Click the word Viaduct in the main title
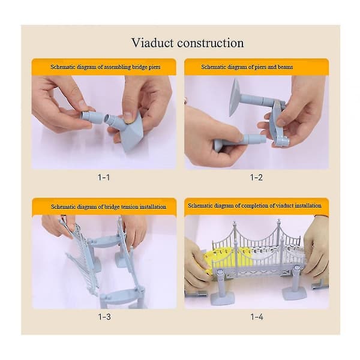(152, 43)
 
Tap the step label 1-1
(104, 177)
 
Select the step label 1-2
(256, 177)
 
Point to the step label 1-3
(104, 317)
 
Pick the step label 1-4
(257, 317)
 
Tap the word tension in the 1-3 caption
(130, 206)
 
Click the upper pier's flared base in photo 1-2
(235, 97)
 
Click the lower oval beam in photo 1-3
(119, 295)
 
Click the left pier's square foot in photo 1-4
(222, 298)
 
